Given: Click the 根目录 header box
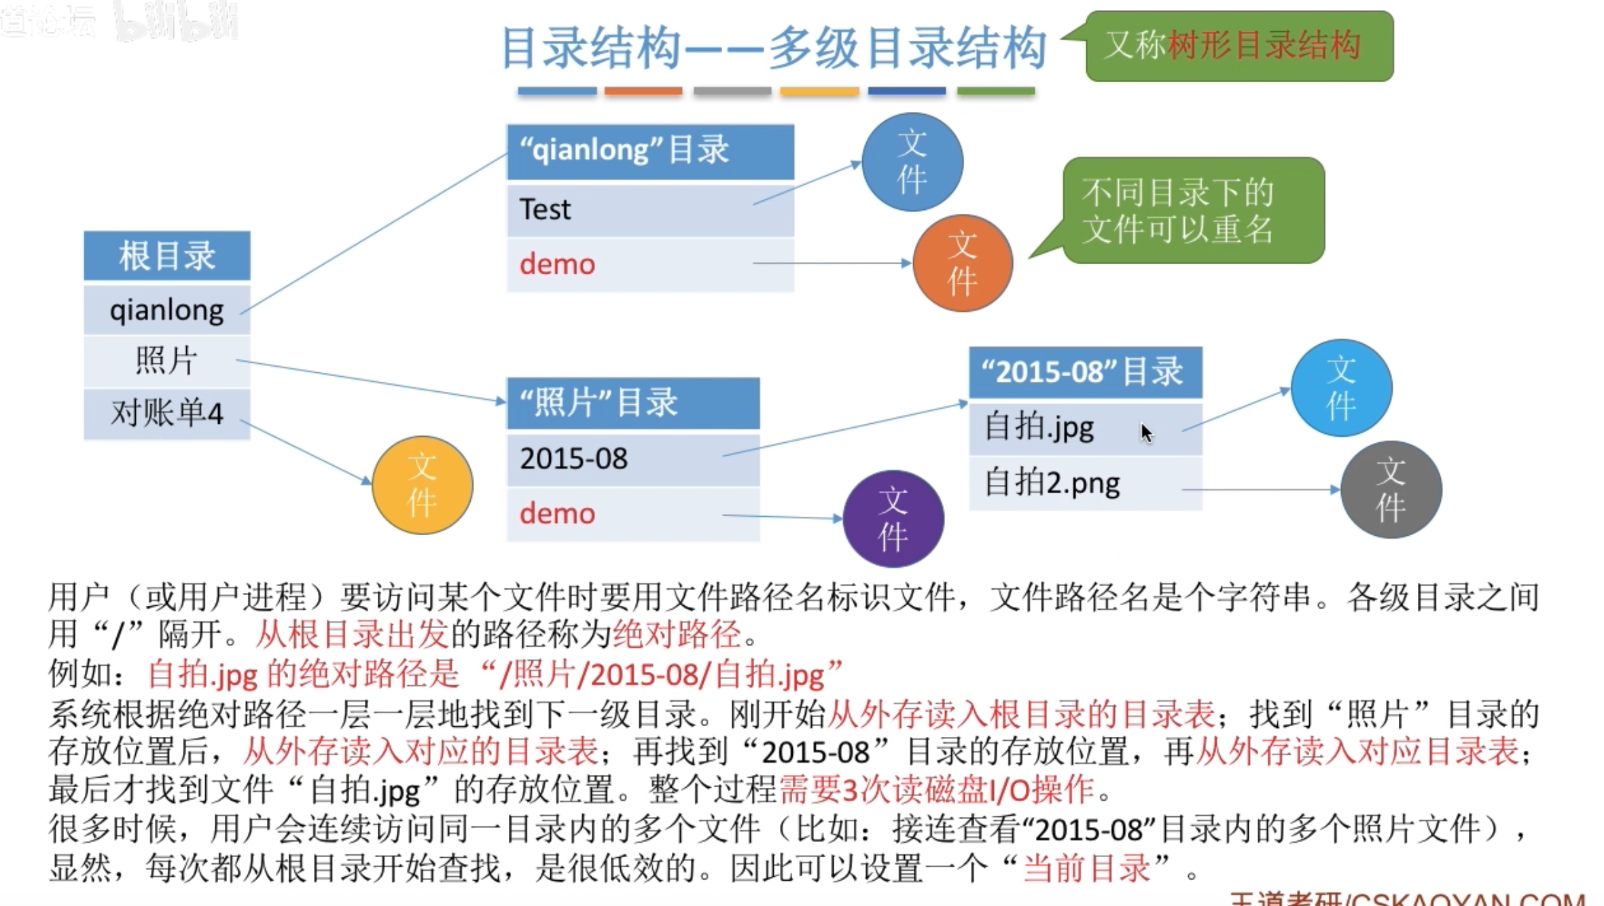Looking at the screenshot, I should (167, 256).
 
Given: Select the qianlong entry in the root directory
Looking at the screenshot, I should (167, 310).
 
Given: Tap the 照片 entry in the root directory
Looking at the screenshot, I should (167, 361).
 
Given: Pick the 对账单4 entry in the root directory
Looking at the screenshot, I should (167, 413).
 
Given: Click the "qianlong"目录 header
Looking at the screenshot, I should (650, 151).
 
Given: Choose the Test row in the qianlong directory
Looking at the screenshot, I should (650, 209).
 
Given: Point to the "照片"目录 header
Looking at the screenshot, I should (633, 403).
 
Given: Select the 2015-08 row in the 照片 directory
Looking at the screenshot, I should (633, 459).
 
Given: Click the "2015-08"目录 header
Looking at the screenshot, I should (1085, 372).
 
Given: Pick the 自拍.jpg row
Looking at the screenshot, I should (1085, 429).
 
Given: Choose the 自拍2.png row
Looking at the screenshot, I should (1085, 484).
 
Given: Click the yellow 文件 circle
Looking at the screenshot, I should (423, 485).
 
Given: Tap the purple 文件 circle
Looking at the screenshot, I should (893, 519).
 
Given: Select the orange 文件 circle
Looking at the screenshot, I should (963, 264).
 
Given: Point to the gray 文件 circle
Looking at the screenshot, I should (1391, 490).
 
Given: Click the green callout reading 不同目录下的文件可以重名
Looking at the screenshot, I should (1193, 211).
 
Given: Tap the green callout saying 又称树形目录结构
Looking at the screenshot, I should (1239, 46).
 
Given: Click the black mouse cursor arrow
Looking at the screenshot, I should (1147, 433).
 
